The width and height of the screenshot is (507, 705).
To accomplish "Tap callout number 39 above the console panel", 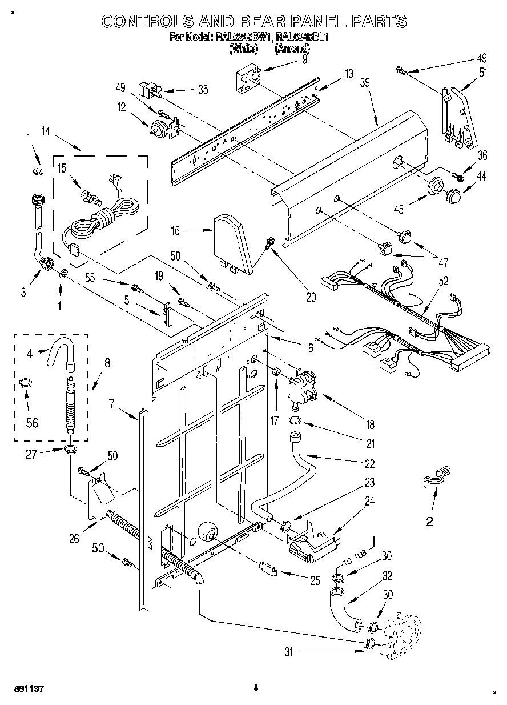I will (365, 82).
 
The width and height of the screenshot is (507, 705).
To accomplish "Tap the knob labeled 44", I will (453, 195).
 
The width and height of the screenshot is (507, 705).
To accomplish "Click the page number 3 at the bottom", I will (256, 688).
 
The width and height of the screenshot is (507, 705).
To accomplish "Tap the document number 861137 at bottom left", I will (28, 689).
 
